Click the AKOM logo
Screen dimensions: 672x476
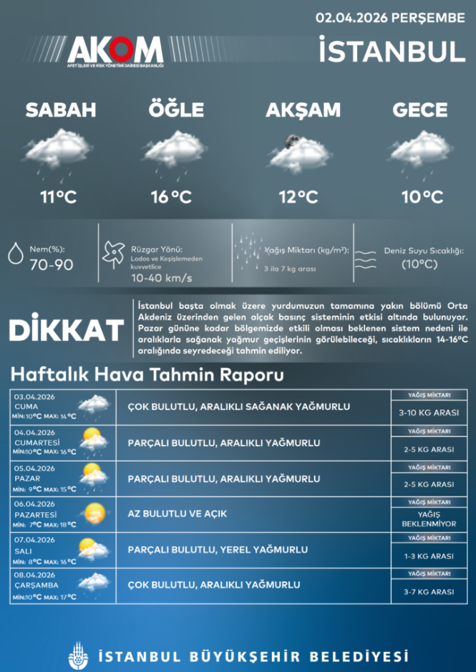[115, 50]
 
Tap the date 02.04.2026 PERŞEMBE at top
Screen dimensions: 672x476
[391, 18]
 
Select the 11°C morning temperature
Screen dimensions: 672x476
[59, 196]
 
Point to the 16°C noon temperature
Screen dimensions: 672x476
[171, 196]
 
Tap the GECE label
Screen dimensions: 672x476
[419, 110]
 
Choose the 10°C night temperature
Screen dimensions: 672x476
[422, 196]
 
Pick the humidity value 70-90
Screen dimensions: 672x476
[51, 265]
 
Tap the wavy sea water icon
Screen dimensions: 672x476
[366, 259]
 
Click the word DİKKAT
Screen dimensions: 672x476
[67, 330]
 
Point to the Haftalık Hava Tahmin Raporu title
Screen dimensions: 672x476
[147, 375]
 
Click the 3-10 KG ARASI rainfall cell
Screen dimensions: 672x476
[427, 413]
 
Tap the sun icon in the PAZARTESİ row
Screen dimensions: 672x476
[93, 513]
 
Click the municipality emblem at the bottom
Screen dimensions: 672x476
[77, 656]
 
